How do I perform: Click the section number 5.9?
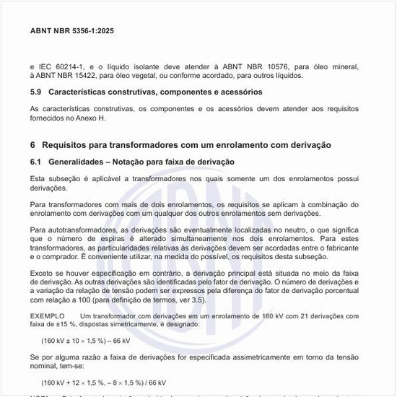(x=37, y=92)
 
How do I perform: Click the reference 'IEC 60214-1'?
(x=61, y=67)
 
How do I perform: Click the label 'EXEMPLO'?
(x=46, y=316)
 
